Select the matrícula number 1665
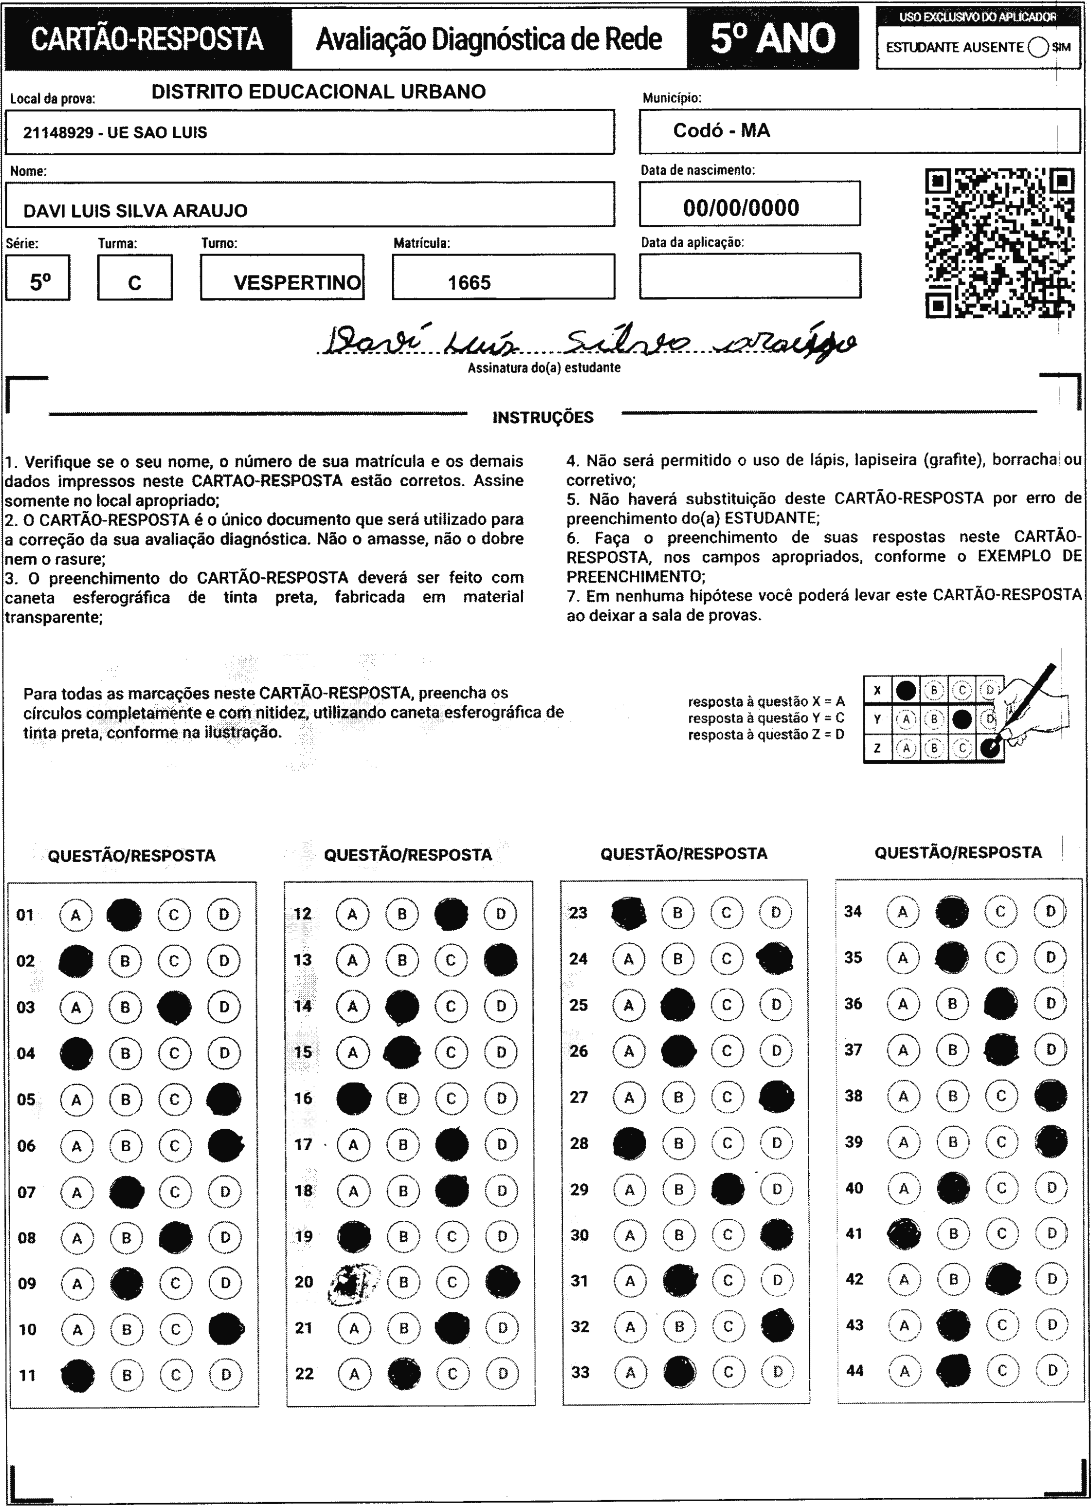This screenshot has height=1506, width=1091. pos(469,283)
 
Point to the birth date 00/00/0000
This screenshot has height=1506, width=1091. pos(741,208)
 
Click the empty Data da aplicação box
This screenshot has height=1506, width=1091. pos(750,275)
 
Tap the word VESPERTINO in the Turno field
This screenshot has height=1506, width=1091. pos(297,283)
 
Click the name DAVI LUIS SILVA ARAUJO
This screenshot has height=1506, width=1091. pos(135,211)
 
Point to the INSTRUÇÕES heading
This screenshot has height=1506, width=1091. pos(543,418)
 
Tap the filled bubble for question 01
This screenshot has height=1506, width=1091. pos(124,914)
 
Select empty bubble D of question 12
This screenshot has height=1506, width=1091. pos(501,914)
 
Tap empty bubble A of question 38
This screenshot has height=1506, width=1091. pos(903,1096)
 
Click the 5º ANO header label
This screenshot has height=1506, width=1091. pos(772,39)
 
